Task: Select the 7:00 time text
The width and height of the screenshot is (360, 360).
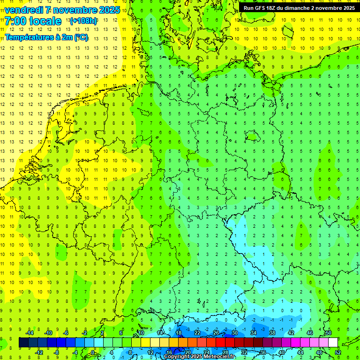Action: coord(15,21)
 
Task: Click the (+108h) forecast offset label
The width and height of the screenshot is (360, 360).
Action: coord(83,22)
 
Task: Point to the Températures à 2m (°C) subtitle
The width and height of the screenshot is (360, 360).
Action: coord(46,37)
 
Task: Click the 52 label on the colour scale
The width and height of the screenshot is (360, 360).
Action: coord(337,352)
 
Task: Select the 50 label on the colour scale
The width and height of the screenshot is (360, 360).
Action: coord(328,333)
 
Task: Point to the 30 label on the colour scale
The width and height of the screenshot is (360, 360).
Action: coord(234,333)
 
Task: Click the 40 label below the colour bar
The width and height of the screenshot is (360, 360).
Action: coord(281,352)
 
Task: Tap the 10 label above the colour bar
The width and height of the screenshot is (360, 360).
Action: coord(141,333)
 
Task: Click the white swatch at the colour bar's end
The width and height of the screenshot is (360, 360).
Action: coord(333,343)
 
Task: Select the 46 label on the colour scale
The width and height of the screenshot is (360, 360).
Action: coord(309,333)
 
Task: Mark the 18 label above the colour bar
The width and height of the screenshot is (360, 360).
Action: coord(178,333)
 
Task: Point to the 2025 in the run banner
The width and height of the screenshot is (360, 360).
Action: coord(346,8)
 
